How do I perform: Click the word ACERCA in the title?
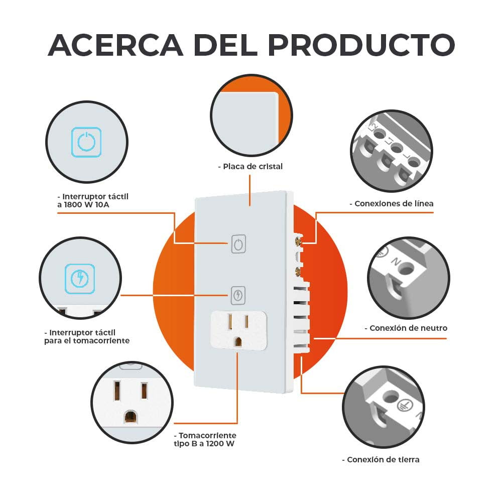(116, 45)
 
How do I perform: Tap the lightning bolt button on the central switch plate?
(238, 295)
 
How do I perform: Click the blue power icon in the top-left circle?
(86, 141)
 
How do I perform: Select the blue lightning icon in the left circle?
(80, 278)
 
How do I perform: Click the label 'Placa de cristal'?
(250, 166)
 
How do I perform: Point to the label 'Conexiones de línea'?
(391, 204)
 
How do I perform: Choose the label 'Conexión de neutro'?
(406, 328)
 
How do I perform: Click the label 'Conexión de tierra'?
(381, 460)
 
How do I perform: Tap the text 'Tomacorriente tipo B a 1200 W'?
(204, 440)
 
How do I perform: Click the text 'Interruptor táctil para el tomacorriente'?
(86, 336)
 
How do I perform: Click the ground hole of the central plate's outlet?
(238, 341)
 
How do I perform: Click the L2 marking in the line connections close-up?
(373, 127)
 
